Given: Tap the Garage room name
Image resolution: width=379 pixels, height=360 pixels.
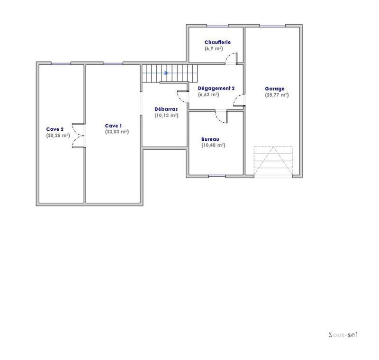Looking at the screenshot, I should [x=274, y=89].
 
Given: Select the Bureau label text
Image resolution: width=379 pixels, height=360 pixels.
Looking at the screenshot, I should [x=210, y=139].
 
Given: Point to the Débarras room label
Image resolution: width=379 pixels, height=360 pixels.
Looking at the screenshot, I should [x=166, y=109].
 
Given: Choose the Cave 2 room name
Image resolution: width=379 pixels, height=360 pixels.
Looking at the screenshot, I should [x=55, y=129].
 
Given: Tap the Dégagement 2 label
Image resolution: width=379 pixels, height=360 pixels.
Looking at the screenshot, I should [x=217, y=89].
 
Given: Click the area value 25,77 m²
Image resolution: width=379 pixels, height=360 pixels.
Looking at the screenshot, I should [x=277, y=95].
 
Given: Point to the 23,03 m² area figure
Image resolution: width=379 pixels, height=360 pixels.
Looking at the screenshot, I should [x=117, y=132].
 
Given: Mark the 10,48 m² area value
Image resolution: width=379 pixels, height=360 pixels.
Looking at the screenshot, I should [x=213, y=145].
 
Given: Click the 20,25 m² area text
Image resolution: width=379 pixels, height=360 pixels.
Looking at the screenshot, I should [x=58, y=135].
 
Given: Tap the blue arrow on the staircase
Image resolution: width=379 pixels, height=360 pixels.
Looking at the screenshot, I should [x=166, y=73].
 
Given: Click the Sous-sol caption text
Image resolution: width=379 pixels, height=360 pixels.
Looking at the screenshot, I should [x=343, y=334].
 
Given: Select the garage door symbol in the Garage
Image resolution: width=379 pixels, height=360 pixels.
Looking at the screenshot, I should [x=273, y=161].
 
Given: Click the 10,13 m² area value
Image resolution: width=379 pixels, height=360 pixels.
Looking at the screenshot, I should [x=166, y=115].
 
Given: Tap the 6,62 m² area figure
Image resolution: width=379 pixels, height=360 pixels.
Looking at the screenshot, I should [x=208, y=95].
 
